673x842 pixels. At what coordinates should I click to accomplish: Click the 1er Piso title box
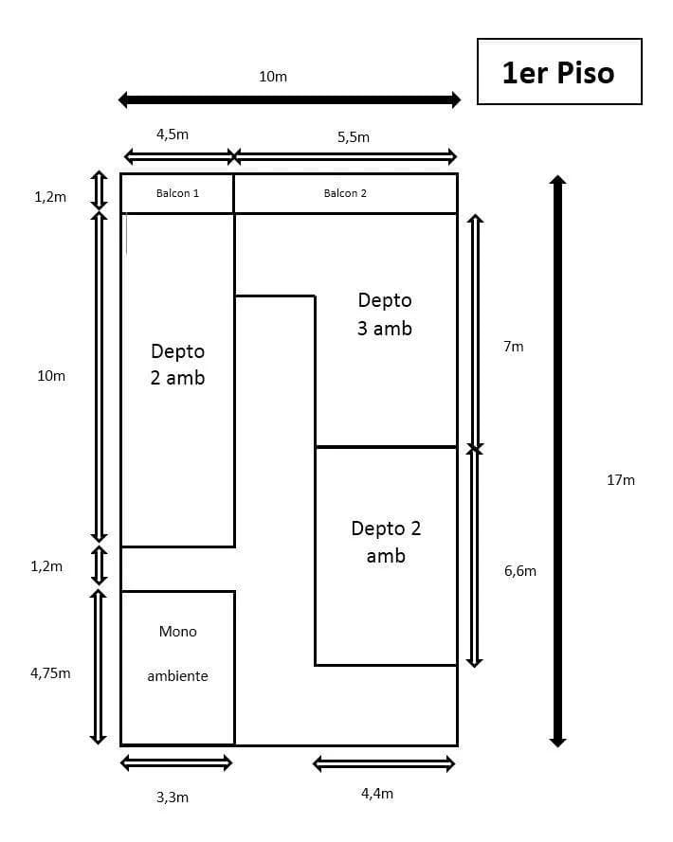558,72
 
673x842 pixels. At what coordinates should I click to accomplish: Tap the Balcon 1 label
177,193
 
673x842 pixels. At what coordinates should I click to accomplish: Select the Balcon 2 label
345,193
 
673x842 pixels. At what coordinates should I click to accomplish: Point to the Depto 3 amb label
385,314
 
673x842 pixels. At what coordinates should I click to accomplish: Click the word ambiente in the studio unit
177,676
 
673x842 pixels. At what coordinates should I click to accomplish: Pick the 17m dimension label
621,480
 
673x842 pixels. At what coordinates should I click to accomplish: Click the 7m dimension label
513,347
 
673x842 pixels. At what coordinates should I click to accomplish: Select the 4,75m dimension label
50,673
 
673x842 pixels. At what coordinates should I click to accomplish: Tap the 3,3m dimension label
172,797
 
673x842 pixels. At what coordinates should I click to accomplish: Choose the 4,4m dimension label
377,794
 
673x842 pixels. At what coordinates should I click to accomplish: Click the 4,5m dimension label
172,134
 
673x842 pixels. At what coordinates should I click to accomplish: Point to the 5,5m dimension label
353,137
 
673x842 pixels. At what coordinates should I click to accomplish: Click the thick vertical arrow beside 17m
557,460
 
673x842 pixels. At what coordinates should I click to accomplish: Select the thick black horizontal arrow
290,99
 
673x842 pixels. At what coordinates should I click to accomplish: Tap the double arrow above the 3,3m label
177,762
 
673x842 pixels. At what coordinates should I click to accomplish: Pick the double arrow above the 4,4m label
384,763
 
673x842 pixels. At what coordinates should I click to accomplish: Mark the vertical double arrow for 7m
476,331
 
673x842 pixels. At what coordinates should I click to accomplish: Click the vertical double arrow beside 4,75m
98,666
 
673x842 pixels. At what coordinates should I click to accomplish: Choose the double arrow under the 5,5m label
345,156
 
